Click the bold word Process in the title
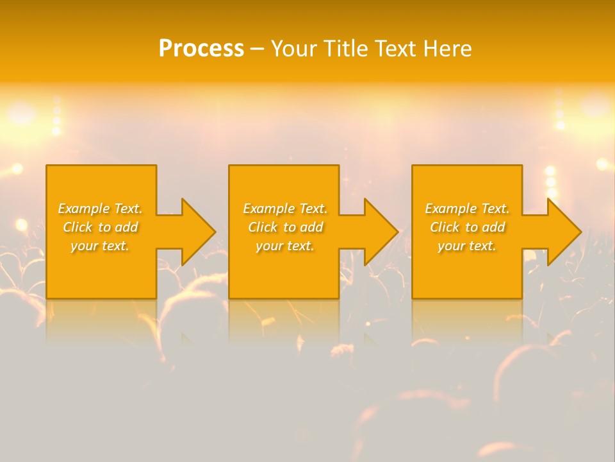[201, 49]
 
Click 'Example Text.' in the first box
[100, 209]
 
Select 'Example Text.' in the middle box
[285, 209]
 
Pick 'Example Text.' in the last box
[467, 209]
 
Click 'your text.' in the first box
[100, 246]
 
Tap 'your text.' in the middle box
[285, 246]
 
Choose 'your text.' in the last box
[467, 246]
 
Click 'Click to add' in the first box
[100, 227]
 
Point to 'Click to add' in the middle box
[285, 227]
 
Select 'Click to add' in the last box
[467, 227]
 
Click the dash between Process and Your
[257, 49]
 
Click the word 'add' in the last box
[493, 227]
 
